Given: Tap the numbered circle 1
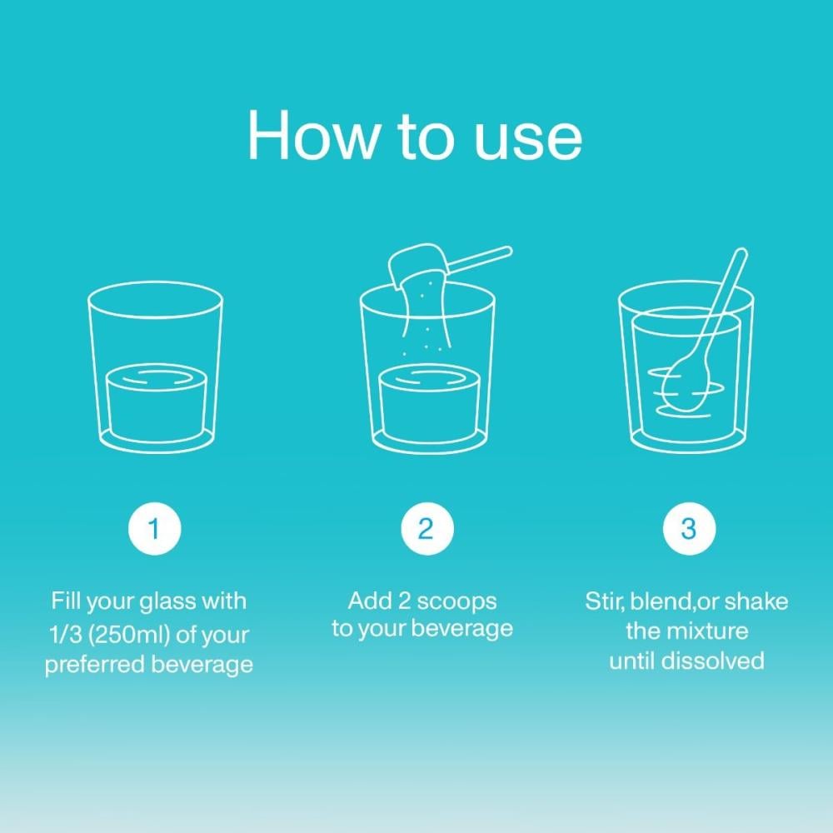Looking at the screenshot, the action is (x=155, y=529).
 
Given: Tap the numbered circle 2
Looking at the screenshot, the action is (x=426, y=529).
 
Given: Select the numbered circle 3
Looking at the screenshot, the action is (x=689, y=529).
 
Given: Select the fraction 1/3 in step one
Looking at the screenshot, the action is (x=65, y=634).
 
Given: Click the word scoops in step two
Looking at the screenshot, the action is (x=456, y=602).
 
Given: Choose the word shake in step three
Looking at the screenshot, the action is (x=756, y=601).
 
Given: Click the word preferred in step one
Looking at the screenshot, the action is (x=93, y=665).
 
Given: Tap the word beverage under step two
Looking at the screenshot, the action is (x=462, y=628).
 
